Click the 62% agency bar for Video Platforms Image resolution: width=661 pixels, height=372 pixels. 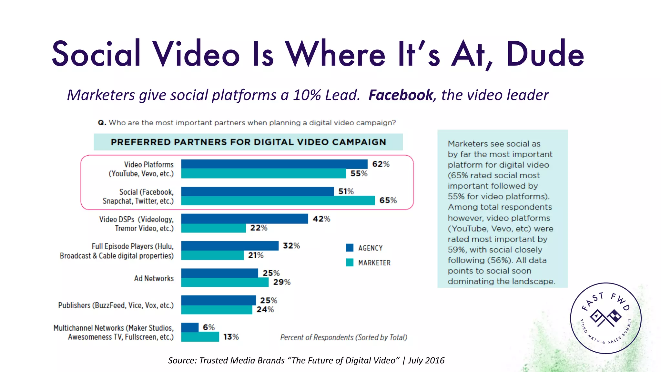[274, 164]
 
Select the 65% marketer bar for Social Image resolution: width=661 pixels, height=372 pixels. [278, 201]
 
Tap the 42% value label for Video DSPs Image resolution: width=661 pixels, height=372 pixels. [321, 219]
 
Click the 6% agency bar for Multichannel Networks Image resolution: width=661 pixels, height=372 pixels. [190, 327]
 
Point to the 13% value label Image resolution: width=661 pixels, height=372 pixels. [231, 337]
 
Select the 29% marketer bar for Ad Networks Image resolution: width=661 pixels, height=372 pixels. [225, 282]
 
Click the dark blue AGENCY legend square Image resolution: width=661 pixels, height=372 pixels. [350, 248]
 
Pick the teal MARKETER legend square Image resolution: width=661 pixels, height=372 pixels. [350, 263]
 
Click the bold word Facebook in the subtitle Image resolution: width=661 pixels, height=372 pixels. [401, 95]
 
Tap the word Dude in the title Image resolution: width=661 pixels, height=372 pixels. [545, 54]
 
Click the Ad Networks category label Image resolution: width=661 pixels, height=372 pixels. [154, 278]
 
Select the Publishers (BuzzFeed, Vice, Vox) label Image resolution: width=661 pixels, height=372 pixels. [116, 305]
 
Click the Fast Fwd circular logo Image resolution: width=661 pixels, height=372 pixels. [605, 318]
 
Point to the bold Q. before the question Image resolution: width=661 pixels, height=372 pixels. [102, 123]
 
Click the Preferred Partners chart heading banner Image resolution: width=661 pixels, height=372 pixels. [248, 142]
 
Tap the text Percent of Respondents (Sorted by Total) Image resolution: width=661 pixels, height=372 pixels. [343, 337]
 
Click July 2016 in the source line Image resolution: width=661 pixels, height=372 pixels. [426, 360]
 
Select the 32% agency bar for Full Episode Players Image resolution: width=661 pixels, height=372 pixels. [230, 246]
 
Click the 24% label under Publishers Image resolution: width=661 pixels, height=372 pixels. [265, 310]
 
